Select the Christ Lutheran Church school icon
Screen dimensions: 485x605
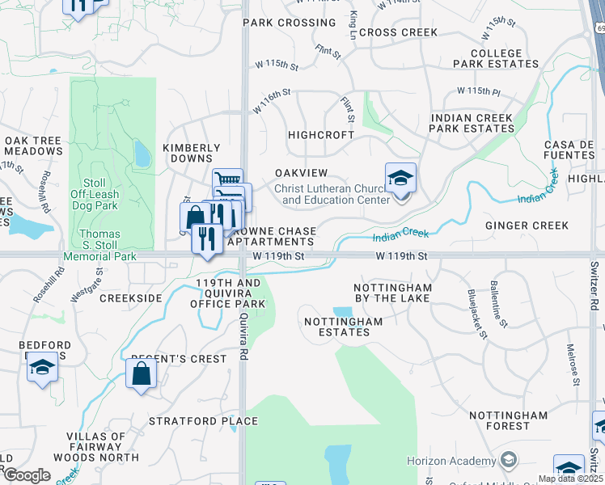400,179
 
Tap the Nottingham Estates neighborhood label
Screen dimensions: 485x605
342,327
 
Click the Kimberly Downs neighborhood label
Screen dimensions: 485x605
192,153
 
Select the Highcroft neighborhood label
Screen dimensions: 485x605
321,135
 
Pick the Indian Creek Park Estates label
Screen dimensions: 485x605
472,123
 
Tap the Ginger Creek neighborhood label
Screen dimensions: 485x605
527,226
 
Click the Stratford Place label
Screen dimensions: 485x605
203,421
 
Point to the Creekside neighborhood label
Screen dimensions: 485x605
131,298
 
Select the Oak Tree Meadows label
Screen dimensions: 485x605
33,145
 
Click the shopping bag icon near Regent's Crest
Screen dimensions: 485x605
142,373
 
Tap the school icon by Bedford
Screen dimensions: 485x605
42,367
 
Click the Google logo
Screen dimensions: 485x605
26,475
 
